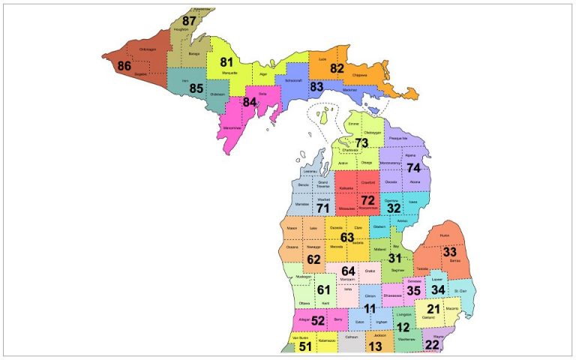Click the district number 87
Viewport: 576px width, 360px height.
(x=190, y=21)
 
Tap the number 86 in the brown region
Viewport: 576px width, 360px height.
(x=125, y=65)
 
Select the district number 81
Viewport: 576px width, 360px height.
(x=226, y=62)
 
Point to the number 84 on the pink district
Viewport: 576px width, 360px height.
(x=250, y=101)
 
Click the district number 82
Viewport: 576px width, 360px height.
(x=337, y=68)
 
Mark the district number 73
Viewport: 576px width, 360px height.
(x=361, y=142)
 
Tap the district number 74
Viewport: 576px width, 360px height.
(x=413, y=168)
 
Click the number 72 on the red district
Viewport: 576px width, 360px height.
(x=367, y=200)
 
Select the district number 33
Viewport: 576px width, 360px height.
(x=449, y=252)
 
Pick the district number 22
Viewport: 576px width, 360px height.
(x=432, y=344)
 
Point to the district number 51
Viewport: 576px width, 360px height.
(x=304, y=346)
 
